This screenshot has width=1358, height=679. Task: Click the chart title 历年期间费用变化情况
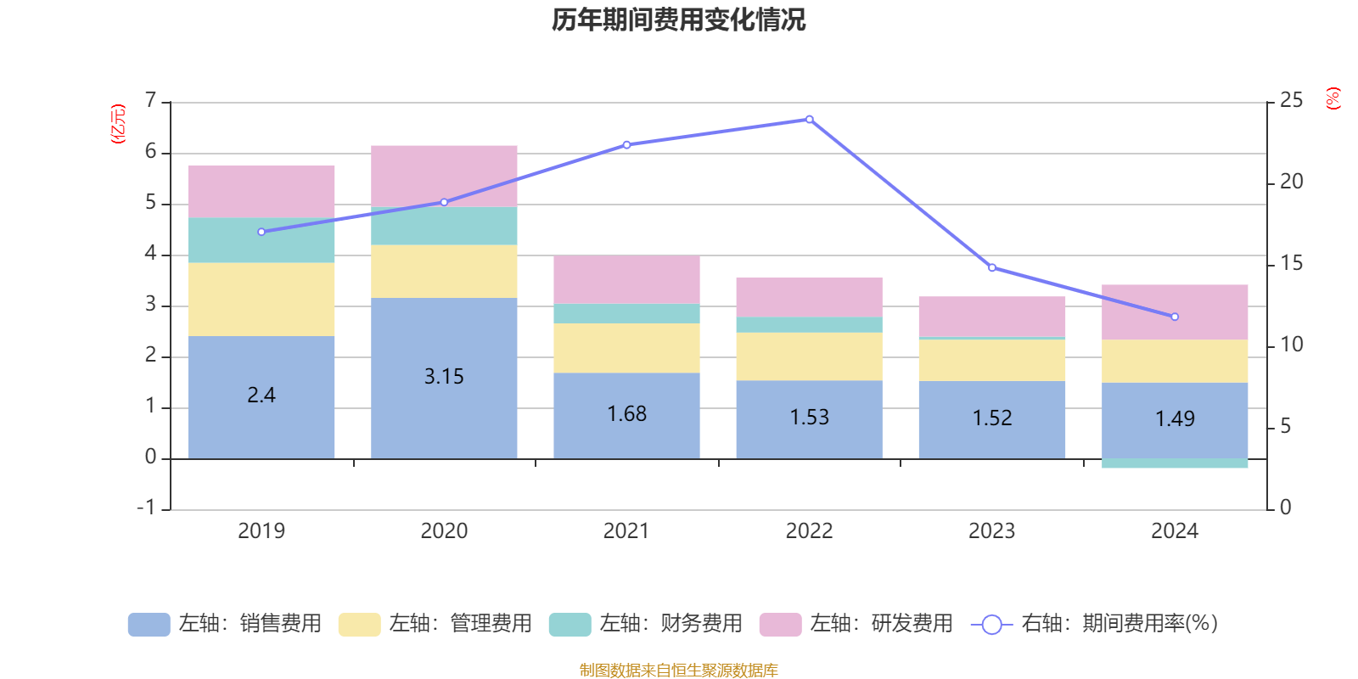678,20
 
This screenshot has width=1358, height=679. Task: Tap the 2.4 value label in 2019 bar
261,396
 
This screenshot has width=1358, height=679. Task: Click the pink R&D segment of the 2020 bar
444,176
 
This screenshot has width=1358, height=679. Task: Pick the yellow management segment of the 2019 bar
261,300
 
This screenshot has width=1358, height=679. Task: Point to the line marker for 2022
809,120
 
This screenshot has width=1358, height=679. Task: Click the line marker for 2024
1175,317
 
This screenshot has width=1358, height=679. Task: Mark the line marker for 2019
261,232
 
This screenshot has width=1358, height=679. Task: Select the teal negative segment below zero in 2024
1175,463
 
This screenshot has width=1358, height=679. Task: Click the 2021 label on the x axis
626,531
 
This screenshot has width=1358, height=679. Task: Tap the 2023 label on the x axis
991,531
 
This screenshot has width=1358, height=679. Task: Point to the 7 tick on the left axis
151,101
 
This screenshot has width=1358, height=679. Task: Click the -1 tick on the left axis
147,508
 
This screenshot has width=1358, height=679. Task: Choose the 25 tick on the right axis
1290,101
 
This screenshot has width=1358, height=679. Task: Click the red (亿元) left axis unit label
118,124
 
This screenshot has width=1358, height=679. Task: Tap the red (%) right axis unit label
1333,98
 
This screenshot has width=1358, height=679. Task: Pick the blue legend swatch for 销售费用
149,625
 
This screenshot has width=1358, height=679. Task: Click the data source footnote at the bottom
678,671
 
